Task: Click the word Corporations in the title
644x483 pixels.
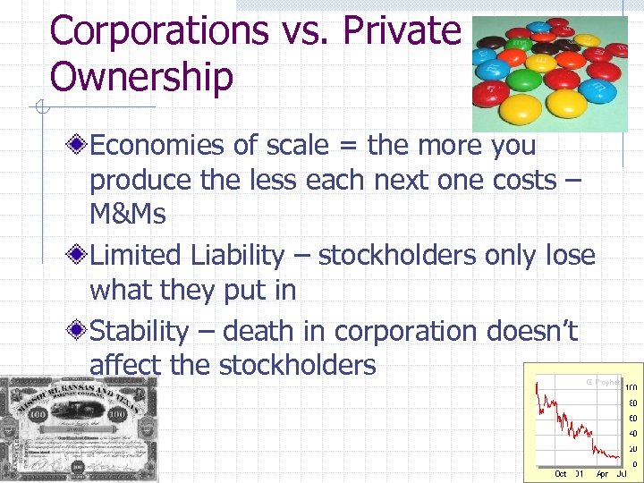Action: click(x=160, y=30)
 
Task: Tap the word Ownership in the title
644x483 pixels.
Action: click(x=141, y=77)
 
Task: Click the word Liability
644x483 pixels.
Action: click(x=237, y=256)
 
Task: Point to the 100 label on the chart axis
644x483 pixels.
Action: click(x=631, y=387)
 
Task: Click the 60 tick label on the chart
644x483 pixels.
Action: click(x=631, y=418)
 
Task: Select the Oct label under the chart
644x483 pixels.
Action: click(x=560, y=474)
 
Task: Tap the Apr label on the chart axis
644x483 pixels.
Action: click(x=603, y=474)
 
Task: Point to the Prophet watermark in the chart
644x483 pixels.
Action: click(x=604, y=382)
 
